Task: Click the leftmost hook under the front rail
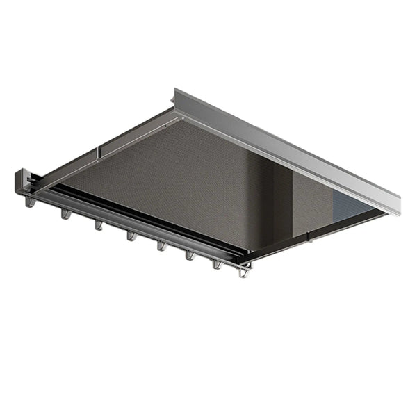[30, 202]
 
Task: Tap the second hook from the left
[65, 214]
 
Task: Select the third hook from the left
[99, 224]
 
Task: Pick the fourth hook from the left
[131, 236]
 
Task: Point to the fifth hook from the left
[161, 245]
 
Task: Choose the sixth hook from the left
[190, 255]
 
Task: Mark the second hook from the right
[217, 263]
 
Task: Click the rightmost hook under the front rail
[243, 272]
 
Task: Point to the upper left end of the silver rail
[177, 95]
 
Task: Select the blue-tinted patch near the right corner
[351, 202]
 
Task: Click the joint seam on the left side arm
[99, 151]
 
